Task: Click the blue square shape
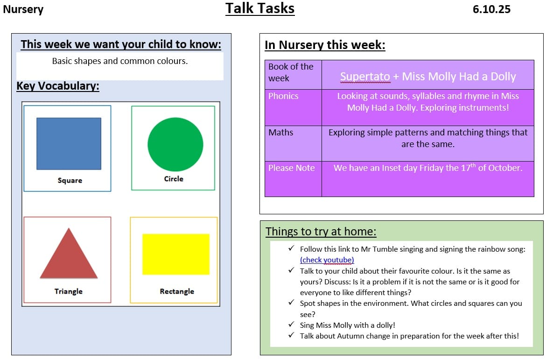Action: [69, 143]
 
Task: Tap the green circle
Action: [175, 144]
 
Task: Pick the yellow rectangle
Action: [175, 254]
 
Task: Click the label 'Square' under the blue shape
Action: [70, 181]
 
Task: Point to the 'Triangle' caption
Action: [69, 291]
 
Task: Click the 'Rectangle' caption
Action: [177, 291]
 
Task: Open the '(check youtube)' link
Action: [327, 260]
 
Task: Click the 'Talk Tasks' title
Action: [260, 8]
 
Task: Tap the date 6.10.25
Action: [491, 9]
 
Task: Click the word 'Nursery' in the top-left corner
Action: [23, 9]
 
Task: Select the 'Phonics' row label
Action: [283, 96]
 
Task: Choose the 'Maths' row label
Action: [281, 133]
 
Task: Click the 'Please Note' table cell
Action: [292, 168]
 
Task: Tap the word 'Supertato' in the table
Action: [365, 77]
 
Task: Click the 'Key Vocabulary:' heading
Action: [58, 86]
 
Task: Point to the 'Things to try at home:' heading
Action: [321, 232]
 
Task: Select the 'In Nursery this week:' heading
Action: [325, 45]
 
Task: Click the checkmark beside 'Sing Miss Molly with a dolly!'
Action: [291, 325]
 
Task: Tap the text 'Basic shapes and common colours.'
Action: [120, 61]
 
